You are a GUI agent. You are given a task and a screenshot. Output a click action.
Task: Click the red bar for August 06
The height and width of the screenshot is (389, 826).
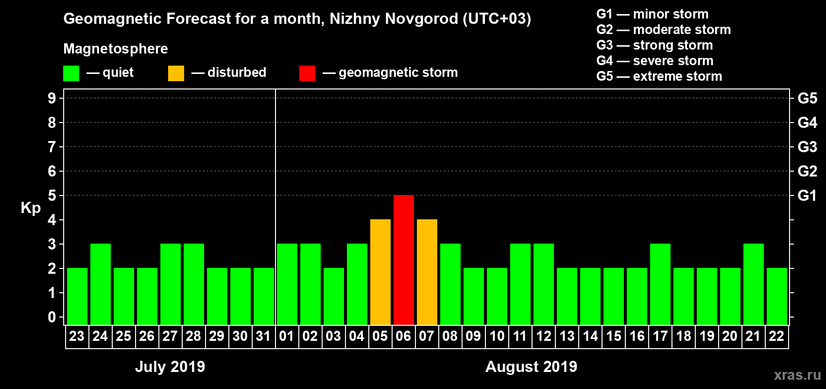(403, 260)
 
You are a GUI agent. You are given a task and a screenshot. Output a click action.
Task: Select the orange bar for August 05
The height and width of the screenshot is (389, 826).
(380, 272)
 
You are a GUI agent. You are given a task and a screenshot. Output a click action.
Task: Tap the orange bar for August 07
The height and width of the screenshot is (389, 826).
(427, 272)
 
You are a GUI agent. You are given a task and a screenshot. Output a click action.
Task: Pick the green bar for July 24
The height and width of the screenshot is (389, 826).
(100, 284)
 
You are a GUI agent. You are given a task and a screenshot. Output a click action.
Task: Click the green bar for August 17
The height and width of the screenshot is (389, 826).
(660, 284)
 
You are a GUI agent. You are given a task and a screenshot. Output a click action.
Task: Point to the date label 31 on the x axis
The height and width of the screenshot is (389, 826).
(263, 336)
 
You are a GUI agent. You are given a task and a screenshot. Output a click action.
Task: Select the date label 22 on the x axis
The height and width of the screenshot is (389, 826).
(776, 336)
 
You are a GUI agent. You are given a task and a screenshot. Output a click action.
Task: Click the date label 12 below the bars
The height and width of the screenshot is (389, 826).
(543, 336)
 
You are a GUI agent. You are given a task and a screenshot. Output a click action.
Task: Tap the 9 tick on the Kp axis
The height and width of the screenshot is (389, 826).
(52, 98)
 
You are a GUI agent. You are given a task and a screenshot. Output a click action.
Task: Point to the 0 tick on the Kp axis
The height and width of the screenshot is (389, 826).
(52, 317)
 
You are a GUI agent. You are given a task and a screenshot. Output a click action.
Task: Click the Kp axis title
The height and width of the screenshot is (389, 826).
(31, 208)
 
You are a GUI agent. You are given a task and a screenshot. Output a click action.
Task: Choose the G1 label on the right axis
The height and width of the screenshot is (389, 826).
(807, 195)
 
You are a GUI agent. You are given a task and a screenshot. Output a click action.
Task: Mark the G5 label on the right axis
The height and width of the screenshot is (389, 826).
(807, 98)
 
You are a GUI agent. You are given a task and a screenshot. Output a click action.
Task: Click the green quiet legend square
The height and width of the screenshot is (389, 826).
(71, 73)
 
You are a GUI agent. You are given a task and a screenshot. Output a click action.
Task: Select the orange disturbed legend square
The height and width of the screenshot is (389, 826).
(176, 73)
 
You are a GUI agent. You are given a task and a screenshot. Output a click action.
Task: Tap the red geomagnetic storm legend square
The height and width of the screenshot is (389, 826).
(307, 73)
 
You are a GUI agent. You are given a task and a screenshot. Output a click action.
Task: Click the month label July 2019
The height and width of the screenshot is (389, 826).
(170, 367)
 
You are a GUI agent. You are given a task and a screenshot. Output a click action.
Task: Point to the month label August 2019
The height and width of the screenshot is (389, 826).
(531, 367)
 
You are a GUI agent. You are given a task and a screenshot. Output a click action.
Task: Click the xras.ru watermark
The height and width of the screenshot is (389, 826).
(797, 375)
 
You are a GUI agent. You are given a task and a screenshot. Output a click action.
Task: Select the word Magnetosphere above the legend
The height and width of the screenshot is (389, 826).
(116, 49)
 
